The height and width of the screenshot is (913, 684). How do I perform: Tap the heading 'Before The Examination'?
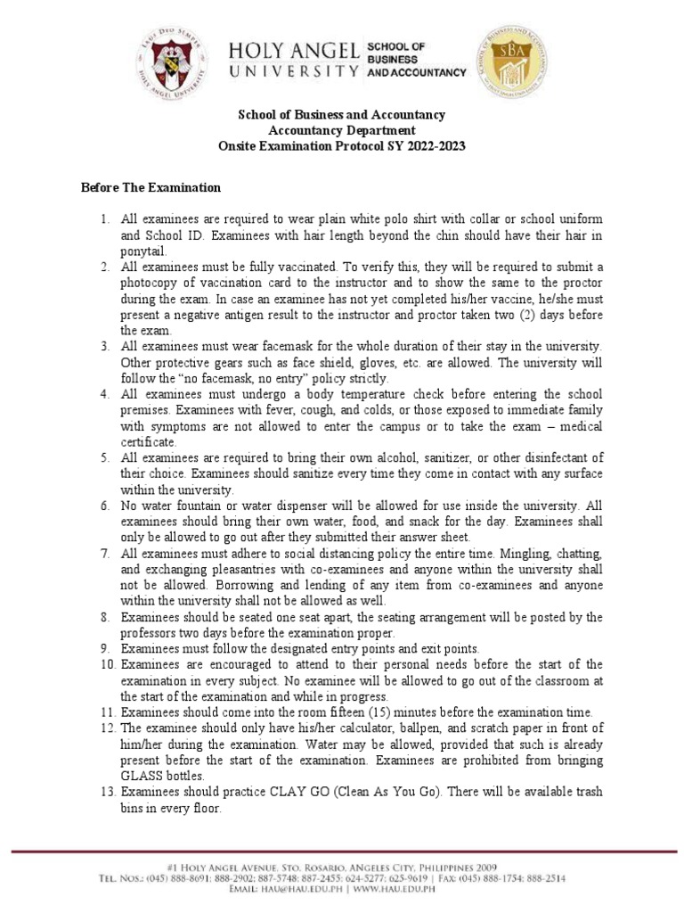[151, 188]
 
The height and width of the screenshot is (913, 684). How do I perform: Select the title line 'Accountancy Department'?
[341, 130]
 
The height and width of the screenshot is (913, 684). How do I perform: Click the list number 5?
[103, 458]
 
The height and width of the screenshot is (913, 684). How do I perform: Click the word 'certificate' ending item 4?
[148, 442]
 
